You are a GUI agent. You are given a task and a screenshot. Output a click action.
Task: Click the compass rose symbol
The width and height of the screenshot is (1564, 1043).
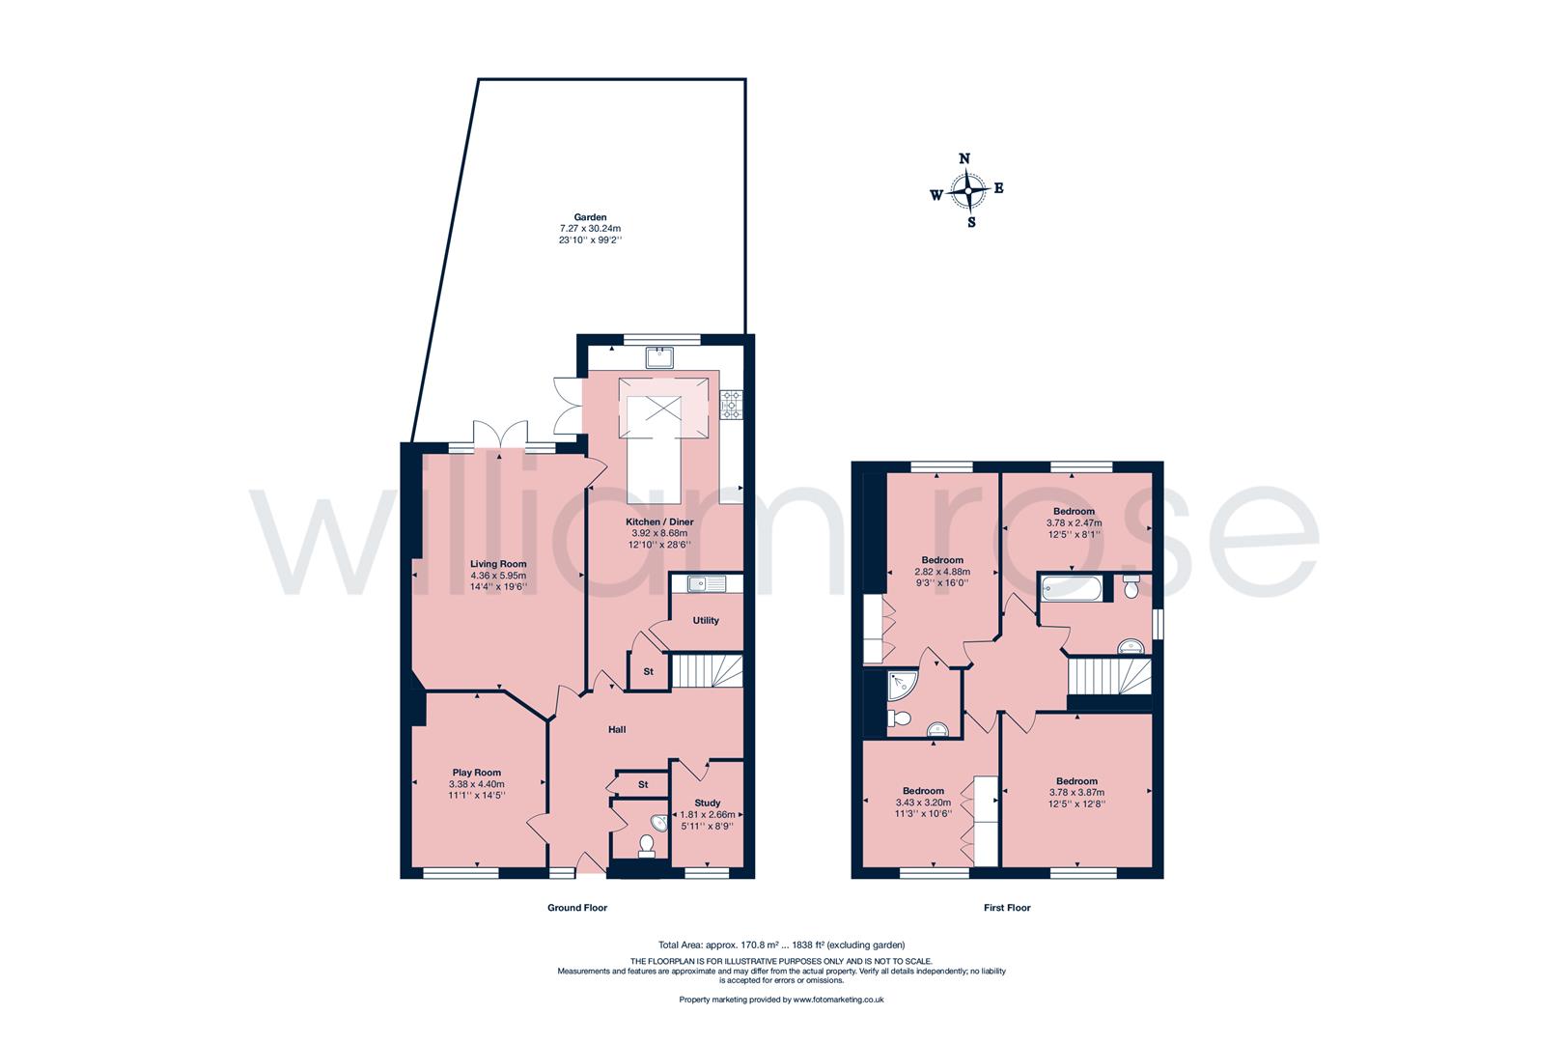tap(967, 190)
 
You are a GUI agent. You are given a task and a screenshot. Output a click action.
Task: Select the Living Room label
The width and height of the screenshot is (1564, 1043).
tap(498, 563)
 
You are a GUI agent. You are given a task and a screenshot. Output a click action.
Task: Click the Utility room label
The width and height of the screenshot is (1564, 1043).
tap(706, 621)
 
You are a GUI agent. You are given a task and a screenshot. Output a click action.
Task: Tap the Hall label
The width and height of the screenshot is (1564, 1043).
tap(617, 729)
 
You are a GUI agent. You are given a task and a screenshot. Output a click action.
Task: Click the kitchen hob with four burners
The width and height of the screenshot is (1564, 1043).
tap(732, 405)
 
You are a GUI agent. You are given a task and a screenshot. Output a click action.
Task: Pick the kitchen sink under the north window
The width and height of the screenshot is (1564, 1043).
tap(663, 357)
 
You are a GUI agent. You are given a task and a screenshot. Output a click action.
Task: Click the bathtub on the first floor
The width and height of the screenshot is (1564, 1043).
tap(1073, 587)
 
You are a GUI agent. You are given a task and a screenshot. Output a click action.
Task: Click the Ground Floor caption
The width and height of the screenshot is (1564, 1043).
tap(577, 908)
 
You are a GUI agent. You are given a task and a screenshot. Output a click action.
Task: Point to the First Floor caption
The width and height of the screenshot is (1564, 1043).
tap(1007, 908)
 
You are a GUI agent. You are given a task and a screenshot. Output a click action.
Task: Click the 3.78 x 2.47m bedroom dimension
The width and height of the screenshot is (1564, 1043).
tap(1074, 522)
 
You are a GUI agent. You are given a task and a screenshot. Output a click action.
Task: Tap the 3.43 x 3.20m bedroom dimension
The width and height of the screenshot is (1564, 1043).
tap(923, 803)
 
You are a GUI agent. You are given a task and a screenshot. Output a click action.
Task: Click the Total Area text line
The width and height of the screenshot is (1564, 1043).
tap(780, 944)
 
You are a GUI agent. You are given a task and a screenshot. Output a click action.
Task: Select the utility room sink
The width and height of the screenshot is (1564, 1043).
tap(695, 582)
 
